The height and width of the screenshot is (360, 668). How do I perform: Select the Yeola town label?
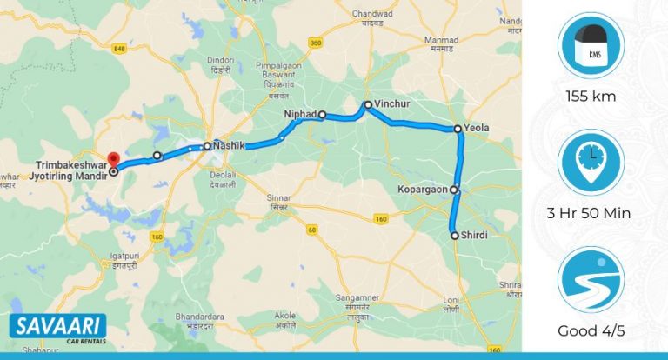478,128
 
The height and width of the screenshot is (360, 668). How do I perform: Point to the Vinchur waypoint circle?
367,105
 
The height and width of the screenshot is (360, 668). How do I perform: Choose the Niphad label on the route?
301,114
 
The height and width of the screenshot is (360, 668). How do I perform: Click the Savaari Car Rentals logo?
58,329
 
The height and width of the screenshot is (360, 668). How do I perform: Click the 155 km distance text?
591,97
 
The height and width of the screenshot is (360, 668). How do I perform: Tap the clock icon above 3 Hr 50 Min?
591,162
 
